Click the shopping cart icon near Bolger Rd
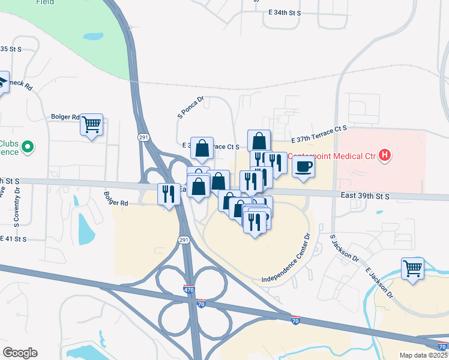[91, 124]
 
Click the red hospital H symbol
[385, 157]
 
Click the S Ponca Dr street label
[191, 107]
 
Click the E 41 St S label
[13, 239]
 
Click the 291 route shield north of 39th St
[144, 137]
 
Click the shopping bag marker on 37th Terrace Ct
[203, 148]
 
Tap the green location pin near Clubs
[28, 146]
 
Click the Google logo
[20, 353]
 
